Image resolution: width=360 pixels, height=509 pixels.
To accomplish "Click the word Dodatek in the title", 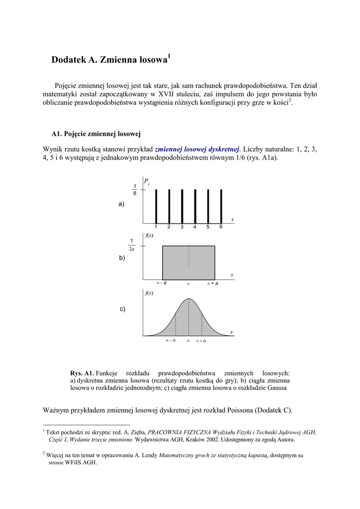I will pyautogui.click(x=69, y=61).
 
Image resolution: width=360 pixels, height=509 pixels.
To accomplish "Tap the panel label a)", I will pyautogui.click(x=121, y=204).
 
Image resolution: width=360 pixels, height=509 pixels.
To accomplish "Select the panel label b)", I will pyautogui.click(x=122, y=258).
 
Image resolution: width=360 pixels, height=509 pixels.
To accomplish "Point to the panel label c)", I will pyautogui.click(x=122, y=309).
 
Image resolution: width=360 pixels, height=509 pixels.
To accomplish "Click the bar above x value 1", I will pyautogui.click(x=156, y=206).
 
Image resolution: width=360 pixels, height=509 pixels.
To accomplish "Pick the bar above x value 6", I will pyautogui.click(x=221, y=206).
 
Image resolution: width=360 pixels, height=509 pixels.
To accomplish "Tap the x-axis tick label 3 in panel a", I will pyautogui.click(x=182, y=227).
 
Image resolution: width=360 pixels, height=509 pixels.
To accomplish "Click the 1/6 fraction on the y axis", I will pyautogui.click(x=135, y=189).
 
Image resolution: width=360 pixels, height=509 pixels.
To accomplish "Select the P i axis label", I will pyautogui.click(x=147, y=182).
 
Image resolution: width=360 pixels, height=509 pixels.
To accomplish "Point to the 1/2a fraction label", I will pyautogui.click(x=131, y=245).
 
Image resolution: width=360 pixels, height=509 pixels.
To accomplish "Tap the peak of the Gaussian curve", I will pyautogui.click(x=188, y=299).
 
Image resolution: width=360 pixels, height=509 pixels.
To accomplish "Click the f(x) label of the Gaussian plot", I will pyautogui.click(x=149, y=293).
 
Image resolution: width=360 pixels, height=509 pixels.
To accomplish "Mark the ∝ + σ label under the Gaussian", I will pyautogui.click(x=201, y=341).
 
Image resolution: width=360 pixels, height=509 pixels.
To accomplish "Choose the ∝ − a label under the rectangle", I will pyautogui.click(x=161, y=283).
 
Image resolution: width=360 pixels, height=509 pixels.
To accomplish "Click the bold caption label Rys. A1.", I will pyautogui.click(x=82, y=373).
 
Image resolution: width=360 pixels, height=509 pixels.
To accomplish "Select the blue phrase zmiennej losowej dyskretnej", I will pyautogui.click(x=197, y=149).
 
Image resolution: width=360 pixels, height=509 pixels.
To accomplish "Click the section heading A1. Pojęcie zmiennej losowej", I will pyautogui.click(x=96, y=134).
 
